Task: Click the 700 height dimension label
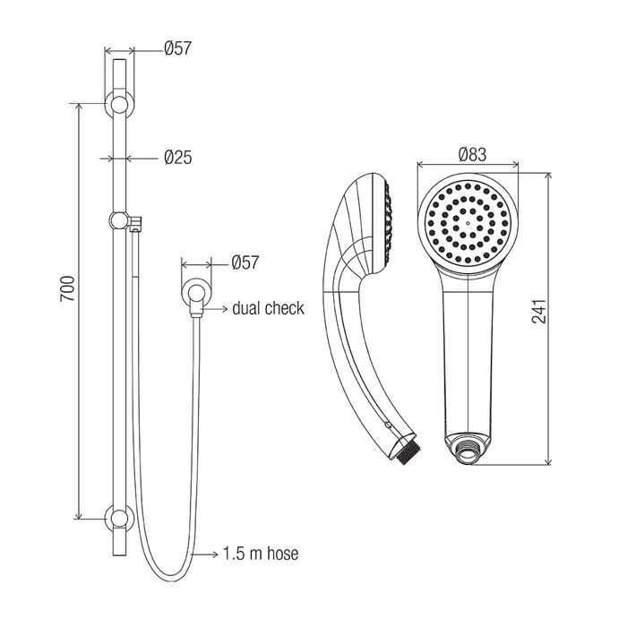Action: [x=67, y=288]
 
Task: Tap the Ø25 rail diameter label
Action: [x=178, y=157]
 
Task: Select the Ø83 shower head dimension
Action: [x=473, y=154]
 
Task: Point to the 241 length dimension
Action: [x=538, y=311]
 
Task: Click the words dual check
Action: [x=268, y=308]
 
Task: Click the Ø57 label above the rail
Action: [x=178, y=48]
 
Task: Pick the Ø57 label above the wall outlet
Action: [x=245, y=262]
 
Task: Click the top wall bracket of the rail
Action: [x=119, y=105]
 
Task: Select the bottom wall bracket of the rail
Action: [x=119, y=519]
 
